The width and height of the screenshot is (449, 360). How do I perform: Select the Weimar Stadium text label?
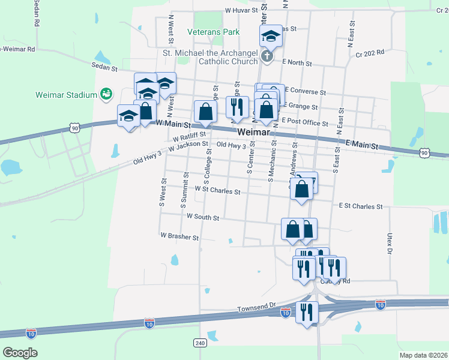66,95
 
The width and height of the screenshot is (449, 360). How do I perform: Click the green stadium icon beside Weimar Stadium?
106,94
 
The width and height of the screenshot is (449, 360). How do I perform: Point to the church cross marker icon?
268,58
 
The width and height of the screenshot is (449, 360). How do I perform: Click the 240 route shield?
200,343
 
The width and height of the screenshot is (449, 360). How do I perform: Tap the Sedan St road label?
104,68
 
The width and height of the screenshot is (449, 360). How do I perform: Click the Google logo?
20,353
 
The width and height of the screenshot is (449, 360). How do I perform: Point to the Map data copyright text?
423,355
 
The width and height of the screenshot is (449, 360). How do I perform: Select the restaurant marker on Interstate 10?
307,312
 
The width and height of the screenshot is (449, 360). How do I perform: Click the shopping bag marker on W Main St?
205,112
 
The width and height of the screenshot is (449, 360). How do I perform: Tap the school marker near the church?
271,37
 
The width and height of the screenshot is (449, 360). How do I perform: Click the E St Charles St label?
360,206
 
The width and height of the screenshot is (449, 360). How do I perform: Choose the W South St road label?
202,216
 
